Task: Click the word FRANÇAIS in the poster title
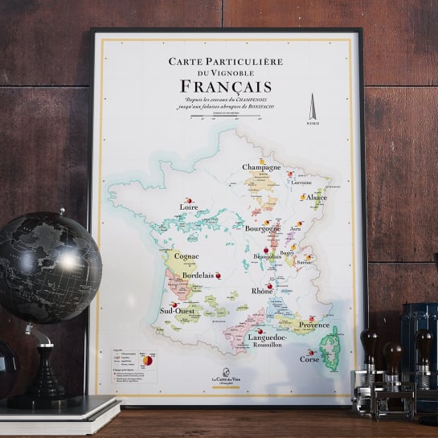219,85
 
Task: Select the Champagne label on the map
262,167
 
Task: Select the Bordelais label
198,275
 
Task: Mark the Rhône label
262,290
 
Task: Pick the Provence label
313,325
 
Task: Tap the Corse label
309,358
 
